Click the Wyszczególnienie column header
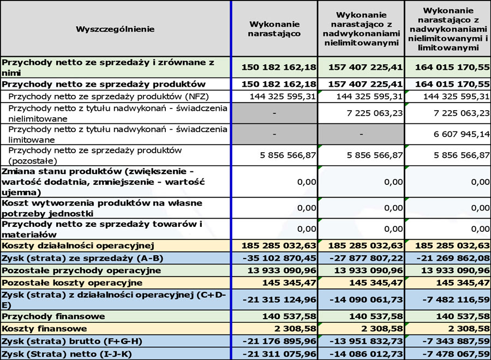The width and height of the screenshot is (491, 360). point(115,28)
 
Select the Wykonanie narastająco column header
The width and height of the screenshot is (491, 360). point(274,28)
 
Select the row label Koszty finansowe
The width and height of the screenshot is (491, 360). point(45,329)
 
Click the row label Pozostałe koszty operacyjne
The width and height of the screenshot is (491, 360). point(72,283)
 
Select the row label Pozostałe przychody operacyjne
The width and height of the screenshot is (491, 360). point(81,270)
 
